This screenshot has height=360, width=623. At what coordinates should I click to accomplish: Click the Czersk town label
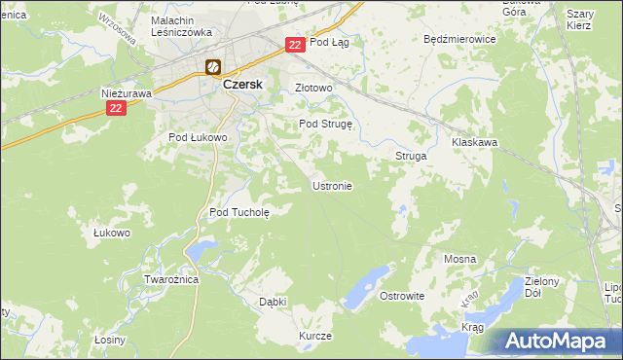pyautogui.click(x=244, y=85)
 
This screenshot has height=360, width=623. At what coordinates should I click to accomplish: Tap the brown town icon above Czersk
pyautogui.click(x=213, y=67)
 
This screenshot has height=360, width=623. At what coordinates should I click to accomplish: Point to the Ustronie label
pyautogui.click(x=332, y=186)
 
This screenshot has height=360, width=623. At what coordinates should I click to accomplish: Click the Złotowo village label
pyautogui.click(x=314, y=88)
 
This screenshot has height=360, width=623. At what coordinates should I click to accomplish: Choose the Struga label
pyautogui.click(x=411, y=156)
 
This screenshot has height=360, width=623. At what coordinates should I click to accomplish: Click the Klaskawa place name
pyautogui.click(x=475, y=142)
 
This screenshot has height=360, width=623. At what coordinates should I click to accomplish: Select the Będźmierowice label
pyautogui.click(x=460, y=40)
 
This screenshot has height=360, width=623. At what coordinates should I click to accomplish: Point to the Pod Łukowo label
pyautogui.click(x=198, y=138)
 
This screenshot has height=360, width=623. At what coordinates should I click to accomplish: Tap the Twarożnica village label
pyautogui.click(x=171, y=279)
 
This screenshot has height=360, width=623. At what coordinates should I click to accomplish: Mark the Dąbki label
pyautogui.click(x=273, y=302)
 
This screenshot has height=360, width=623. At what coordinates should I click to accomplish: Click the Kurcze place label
pyautogui.click(x=316, y=336)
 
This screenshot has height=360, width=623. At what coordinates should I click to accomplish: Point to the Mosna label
pyautogui.click(x=459, y=259)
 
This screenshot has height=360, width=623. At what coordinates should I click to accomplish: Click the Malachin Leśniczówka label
pyautogui.click(x=182, y=26)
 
